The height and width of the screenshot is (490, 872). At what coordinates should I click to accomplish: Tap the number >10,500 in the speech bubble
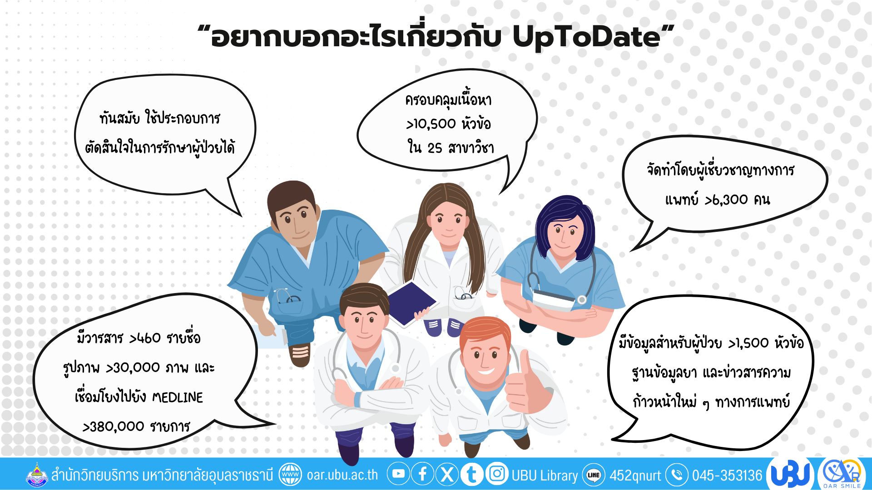tap(431, 124)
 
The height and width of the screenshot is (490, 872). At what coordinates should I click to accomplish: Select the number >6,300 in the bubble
tap(726, 200)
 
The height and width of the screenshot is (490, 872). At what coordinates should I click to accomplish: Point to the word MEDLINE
tap(178, 397)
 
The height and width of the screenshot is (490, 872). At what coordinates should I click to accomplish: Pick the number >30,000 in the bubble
tap(133, 368)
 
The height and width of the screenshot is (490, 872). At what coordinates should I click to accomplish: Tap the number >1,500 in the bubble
tap(748, 343)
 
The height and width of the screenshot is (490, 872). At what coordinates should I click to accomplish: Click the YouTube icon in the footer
tap(398, 474)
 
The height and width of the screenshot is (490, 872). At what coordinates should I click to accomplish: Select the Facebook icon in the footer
tap(423, 474)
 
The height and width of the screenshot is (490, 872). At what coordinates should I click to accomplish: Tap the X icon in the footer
tap(447, 474)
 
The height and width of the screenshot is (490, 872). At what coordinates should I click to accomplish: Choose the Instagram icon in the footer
tap(497, 474)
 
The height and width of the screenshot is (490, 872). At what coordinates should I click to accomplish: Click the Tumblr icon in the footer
tap(472, 474)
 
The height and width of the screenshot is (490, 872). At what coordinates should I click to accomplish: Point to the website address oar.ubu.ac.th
tap(342, 475)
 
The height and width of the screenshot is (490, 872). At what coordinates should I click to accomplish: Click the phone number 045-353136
tap(727, 475)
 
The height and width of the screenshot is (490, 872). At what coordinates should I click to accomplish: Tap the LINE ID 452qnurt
tap(635, 475)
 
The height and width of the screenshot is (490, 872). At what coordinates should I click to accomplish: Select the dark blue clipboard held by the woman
tap(411, 303)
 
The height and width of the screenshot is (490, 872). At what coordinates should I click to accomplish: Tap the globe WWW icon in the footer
tap(290, 475)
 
